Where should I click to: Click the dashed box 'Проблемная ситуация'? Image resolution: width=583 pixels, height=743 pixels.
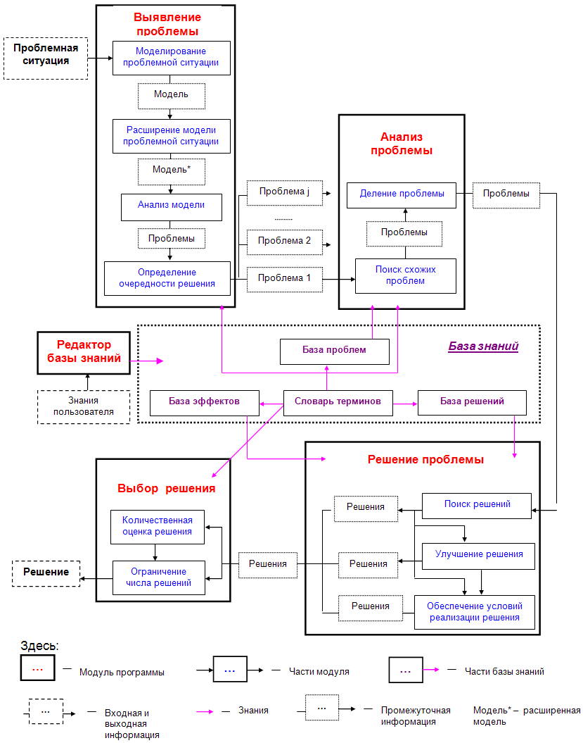46,58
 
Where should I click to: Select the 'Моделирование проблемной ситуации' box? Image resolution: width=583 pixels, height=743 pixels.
172,58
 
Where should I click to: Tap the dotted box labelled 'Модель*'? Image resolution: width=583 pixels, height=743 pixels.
172,172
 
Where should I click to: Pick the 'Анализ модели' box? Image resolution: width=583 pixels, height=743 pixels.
172,207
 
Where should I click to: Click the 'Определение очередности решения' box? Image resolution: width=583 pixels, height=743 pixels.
167,278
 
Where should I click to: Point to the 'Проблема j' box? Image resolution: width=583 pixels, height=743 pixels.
284,193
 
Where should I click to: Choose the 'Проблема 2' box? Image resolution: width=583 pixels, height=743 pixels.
284,242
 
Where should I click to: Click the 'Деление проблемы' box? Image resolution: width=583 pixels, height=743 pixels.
402,195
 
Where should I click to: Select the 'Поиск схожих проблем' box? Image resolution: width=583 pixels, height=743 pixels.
406,276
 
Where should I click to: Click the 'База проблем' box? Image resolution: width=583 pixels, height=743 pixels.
335,351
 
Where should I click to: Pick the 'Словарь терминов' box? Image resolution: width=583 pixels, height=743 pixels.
338,404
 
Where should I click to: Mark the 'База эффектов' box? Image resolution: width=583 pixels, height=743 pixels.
205,404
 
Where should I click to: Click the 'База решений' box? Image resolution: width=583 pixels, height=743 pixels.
472,403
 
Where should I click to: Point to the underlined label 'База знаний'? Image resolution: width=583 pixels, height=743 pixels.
483,346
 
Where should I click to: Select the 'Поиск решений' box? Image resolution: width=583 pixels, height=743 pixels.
477,506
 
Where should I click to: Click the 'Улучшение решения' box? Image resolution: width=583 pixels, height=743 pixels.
478,556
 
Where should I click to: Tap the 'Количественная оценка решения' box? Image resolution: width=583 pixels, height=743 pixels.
158,527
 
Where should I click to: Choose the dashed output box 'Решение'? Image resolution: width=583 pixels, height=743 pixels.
46,573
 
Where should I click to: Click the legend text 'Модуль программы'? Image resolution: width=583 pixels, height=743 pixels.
122,673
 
